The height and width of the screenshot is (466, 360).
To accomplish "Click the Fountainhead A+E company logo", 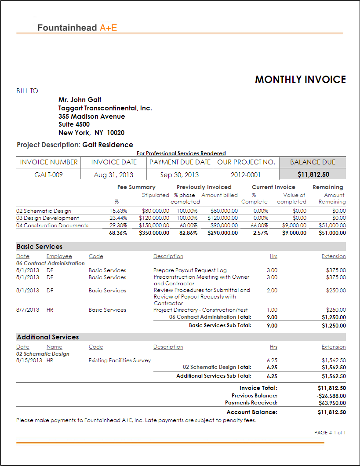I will pyautogui.click(x=77, y=28).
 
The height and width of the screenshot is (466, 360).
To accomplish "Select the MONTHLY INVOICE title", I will pyautogui.click(x=300, y=80).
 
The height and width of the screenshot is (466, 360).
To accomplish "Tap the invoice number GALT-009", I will pyautogui.click(x=48, y=175).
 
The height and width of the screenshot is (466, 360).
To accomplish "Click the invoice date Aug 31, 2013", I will pyautogui.click(x=113, y=175).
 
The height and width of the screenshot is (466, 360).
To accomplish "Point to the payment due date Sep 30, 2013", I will pyautogui.click(x=179, y=175).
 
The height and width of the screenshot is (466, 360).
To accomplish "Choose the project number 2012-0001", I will pyautogui.click(x=246, y=175).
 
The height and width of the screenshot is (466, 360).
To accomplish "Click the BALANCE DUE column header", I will pyautogui.click(x=313, y=162).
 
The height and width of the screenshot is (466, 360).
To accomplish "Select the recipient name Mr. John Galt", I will pyautogui.click(x=80, y=100).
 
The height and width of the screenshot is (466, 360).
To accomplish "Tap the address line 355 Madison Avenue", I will pyautogui.click(x=91, y=116).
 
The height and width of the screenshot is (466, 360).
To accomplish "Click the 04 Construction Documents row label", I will pyautogui.click(x=52, y=226).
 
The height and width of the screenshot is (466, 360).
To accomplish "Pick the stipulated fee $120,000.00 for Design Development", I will pyautogui.click(x=154, y=218).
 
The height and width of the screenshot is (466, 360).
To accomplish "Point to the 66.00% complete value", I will pyautogui.click(x=260, y=226).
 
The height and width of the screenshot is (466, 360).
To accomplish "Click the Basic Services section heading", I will pyautogui.click(x=40, y=247).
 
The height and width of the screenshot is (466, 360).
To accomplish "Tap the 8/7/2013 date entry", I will pyautogui.click(x=28, y=310).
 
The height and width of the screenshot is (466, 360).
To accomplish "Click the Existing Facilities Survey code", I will pyautogui.click(x=120, y=360).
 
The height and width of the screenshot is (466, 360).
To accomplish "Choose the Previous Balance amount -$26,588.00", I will pyautogui.click(x=331, y=396).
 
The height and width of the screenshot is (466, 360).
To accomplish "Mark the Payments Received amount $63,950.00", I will pyautogui.click(x=332, y=403).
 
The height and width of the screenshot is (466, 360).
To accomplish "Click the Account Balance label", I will pyautogui.click(x=251, y=412).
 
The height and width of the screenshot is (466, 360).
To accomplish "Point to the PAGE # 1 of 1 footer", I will pyautogui.click(x=330, y=433).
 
